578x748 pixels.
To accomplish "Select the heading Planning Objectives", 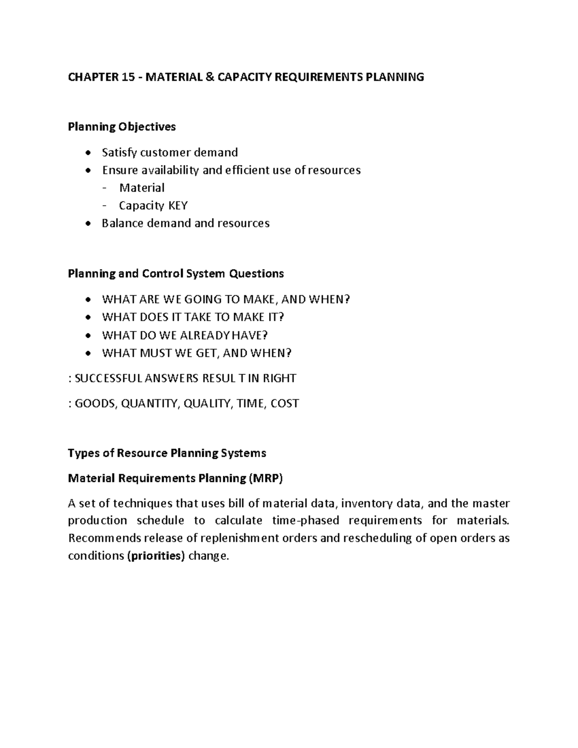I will coord(122,127).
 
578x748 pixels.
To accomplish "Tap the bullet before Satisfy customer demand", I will coord(87,153).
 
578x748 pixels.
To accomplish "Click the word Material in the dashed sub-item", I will coord(142,188).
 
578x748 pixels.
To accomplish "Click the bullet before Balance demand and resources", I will coord(87,224).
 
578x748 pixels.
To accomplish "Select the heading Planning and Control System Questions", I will coord(176,274).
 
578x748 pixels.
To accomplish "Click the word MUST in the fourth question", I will coord(156,353).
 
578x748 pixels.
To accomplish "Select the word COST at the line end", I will coord(285,403).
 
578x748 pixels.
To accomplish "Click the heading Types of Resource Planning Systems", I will coord(167,453).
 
